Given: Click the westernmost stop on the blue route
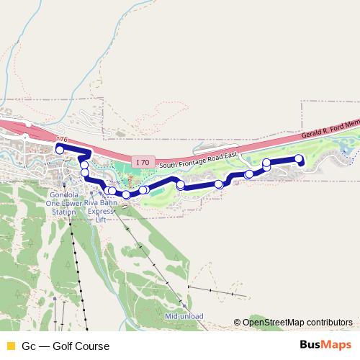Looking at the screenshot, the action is click(x=60, y=149).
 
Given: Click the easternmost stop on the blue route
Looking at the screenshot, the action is click(x=300, y=159).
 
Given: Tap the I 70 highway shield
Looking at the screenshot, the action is click(x=142, y=163).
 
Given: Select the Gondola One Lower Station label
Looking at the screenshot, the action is click(x=59, y=203).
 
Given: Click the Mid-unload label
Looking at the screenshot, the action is click(x=184, y=316).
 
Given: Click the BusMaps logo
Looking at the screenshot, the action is click(x=325, y=346).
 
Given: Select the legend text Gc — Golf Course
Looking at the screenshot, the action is click(x=66, y=346).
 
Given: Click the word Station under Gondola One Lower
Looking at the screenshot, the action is click(x=59, y=212).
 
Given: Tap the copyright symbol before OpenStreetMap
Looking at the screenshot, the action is click(x=237, y=322).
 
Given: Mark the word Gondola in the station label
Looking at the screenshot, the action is click(x=59, y=194).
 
